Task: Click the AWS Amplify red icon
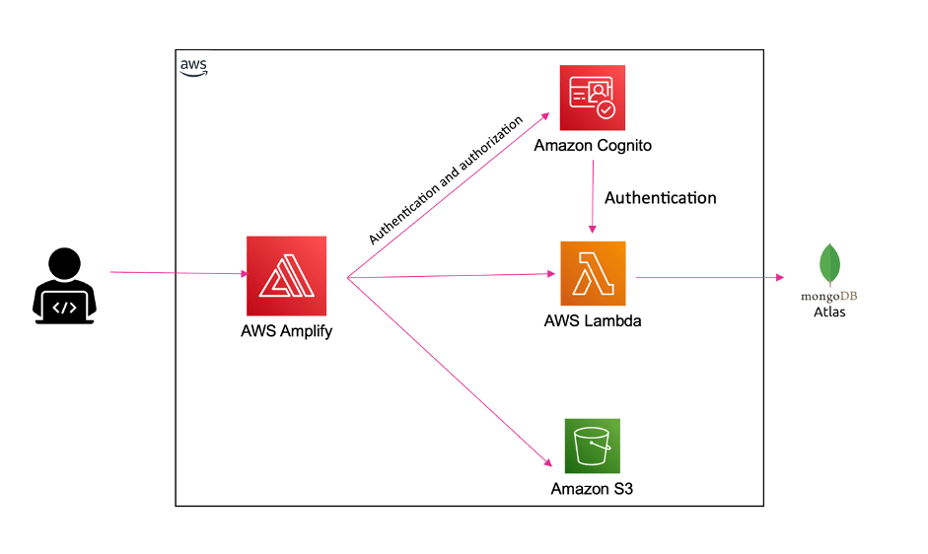tap(287, 276)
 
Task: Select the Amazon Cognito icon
tap(593, 98)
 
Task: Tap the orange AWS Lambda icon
tap(593, 273)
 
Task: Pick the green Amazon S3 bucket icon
tap(592, 446)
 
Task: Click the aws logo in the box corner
tap(193, 66)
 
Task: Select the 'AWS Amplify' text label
tap(286, 331)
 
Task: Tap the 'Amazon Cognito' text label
tap(593, 146)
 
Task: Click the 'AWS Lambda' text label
tap(593, 320)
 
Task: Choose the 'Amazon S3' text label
tap(592, 489)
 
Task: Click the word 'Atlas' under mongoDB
tap(829, 312)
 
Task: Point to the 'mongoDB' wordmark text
tap(829, 297)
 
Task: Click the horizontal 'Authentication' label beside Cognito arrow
tap(660, 197)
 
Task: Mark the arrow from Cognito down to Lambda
tap(592, 197)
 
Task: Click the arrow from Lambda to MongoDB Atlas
tap(710, 278)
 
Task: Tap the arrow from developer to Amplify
tap(178, 273)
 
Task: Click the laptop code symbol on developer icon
tap(64, 307)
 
